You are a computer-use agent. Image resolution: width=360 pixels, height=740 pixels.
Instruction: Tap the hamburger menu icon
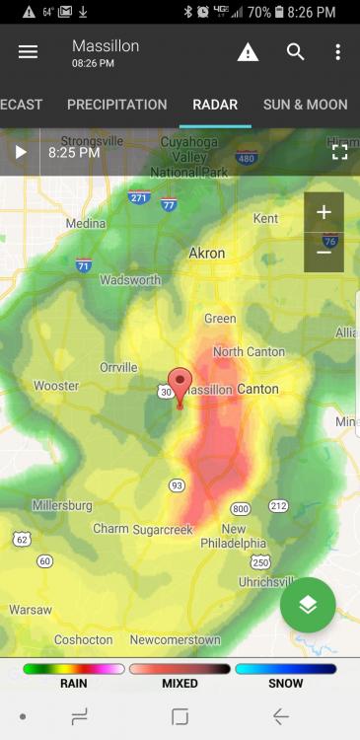click(x=28, y=52)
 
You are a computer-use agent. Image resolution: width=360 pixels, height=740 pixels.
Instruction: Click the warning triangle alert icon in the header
click(x=248, y=52)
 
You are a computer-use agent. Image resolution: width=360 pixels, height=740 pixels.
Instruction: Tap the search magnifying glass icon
click(x=295, y=52)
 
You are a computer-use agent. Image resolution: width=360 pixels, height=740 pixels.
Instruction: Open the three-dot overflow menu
click(x=337, y=52)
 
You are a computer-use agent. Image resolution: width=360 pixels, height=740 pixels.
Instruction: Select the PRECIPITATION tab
click(x=116, y=105)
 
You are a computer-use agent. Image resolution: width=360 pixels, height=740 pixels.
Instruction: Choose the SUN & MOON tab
click(x=305, y=105)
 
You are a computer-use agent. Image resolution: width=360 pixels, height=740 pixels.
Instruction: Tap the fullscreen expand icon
click(x=339, y=152)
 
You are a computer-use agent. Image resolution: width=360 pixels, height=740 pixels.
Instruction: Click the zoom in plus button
click(x=324, y=212)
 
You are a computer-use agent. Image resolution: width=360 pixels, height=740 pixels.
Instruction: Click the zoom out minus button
click(x=324, y=252)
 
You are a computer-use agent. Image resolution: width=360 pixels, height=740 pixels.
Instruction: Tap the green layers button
click(x=308, y=605)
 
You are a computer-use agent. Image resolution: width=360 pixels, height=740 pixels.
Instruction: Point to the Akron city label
click(x=208, y=254)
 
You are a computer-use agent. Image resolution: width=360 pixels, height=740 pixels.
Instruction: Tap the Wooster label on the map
click(x=56, y=386)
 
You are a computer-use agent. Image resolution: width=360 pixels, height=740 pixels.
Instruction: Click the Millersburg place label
click(x=62, y=505)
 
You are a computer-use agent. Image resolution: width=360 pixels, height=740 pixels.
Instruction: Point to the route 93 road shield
click(x=177, y=484)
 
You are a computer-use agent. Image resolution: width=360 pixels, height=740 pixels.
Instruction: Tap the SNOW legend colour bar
click(x=285, y=669)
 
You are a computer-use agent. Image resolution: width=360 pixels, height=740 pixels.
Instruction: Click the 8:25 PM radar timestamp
click(x=74, y=153)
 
